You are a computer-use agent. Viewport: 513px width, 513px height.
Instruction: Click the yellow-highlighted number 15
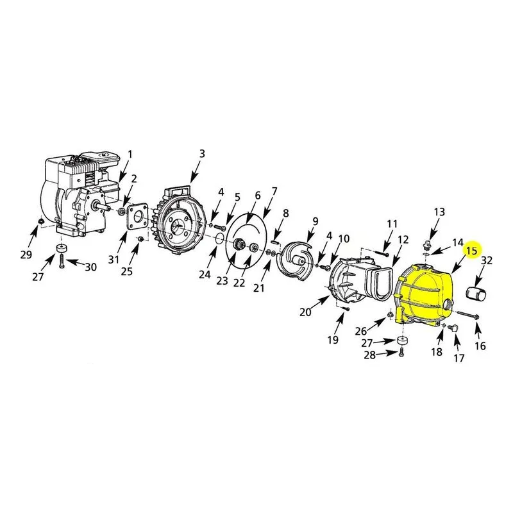coord(472,251)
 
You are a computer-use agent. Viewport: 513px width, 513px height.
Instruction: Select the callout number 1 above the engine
coord(130,154)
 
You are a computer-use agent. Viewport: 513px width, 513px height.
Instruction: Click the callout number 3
coord(202,153)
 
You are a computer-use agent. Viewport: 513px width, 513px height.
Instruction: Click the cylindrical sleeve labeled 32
coord(476,292)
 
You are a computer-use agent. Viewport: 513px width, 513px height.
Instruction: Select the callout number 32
coord(487,260)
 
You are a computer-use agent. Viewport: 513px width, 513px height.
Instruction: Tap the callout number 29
coord(26,255)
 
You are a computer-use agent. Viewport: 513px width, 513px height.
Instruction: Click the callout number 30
coord(90,267)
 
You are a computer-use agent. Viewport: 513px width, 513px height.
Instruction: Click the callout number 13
coord(439,212)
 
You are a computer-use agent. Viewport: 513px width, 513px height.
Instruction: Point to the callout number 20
coord(305,312)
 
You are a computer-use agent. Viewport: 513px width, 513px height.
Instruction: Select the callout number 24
coord(205,274)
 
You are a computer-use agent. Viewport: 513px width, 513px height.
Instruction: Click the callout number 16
coord(480,346)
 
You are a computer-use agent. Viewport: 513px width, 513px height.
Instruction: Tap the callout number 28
coord(370,355)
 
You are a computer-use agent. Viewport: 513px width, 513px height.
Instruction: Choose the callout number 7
coord(274,190)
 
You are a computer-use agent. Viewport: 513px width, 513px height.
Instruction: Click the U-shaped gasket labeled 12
coord(382,283)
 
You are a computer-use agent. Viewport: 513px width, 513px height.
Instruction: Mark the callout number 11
coord(392,224)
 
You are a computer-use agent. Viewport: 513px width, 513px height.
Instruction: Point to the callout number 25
coord(127,271)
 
